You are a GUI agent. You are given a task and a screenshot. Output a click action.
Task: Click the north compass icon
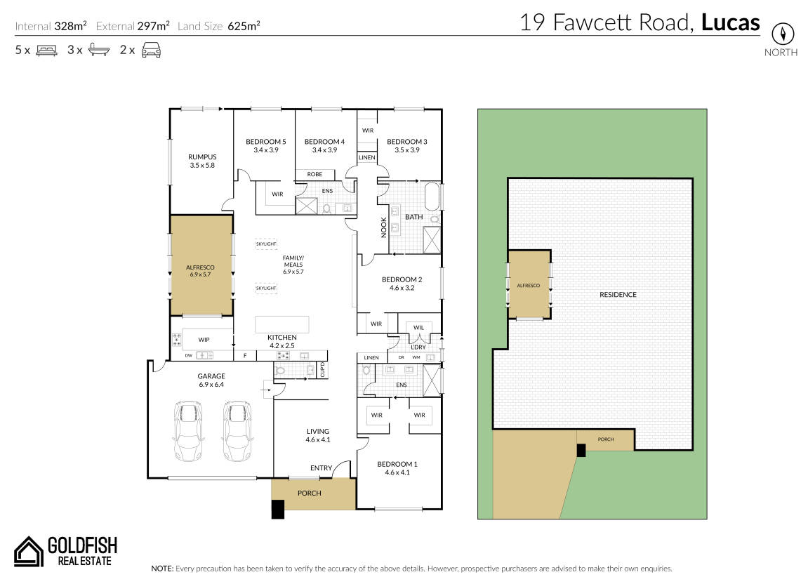click(782, 34)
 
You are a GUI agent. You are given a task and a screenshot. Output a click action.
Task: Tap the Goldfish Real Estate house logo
click(28, 552)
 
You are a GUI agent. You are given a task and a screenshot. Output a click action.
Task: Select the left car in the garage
click(188, 431)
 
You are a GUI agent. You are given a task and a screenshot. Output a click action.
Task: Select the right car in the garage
click(237, 431)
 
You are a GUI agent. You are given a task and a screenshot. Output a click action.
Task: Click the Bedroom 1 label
click(397, 467)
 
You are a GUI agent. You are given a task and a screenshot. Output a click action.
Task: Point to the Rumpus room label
click(202, 161)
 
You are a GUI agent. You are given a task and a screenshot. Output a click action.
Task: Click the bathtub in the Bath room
click(433, 196)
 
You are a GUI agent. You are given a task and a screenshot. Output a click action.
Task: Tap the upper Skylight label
click(267, 244)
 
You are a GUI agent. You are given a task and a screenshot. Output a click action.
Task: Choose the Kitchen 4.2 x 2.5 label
click(282, 341)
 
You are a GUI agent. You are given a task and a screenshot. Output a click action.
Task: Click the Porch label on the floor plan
click(309, 493)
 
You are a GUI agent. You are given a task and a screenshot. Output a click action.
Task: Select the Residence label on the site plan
click(618, 295)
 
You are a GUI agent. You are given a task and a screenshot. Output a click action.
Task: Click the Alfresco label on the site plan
click(528, 286)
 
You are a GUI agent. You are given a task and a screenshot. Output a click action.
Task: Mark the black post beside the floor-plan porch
click(278, 510)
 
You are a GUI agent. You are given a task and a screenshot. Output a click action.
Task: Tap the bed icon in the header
click(46, 51)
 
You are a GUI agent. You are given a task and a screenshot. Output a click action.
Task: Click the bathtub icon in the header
click(99, 50)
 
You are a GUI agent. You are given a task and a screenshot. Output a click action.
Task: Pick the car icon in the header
click(151, 50)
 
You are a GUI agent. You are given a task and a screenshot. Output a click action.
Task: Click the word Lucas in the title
click(731, 22)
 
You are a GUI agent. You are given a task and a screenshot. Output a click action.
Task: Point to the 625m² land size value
click(244, 26)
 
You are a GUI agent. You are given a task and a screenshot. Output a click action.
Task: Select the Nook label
click(383, 227)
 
